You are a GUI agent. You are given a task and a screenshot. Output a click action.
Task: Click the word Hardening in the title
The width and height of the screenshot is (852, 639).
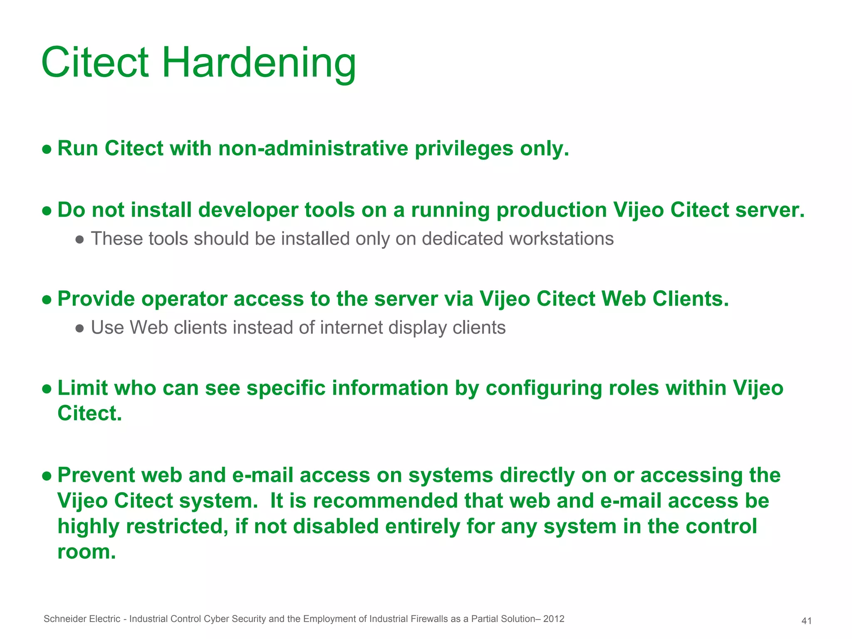pyautogui.click(x=258, y=63)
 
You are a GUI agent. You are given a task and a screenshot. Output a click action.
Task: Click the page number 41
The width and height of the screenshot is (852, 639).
pyautogui.click(x=806, y=621)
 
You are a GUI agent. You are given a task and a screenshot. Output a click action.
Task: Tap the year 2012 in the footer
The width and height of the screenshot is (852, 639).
pyautogui.click(x=554, y=619)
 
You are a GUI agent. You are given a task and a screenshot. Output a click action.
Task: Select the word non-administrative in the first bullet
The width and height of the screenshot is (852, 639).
pyautogui.click(x=313, y=149)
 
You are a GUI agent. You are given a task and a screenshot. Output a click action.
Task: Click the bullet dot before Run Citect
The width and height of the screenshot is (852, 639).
pyautogui.click(x=47, y=149)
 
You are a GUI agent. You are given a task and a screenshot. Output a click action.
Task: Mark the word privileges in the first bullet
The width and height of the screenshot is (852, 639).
pyautogui.click(x=464, y=149)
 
